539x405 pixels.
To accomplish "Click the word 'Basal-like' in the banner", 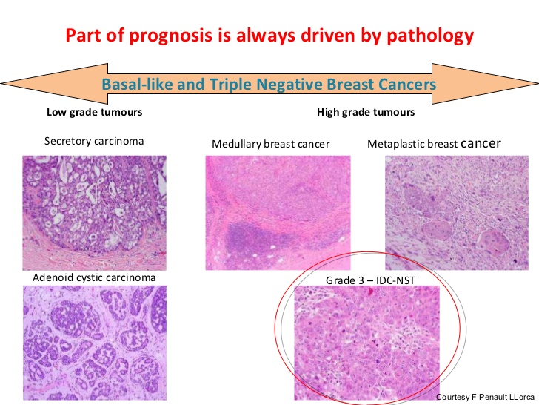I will point(136,85).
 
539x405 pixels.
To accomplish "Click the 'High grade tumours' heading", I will point(365,113).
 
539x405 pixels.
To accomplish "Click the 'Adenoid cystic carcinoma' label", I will point(94,278).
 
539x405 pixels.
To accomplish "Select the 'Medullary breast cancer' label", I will point(270,144).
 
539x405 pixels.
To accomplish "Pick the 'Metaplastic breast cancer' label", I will point(434,143).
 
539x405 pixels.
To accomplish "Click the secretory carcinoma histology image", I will point(95,211).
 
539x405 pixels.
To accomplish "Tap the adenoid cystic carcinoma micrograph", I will point(95,342).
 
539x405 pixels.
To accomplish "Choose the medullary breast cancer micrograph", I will point(278,212).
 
